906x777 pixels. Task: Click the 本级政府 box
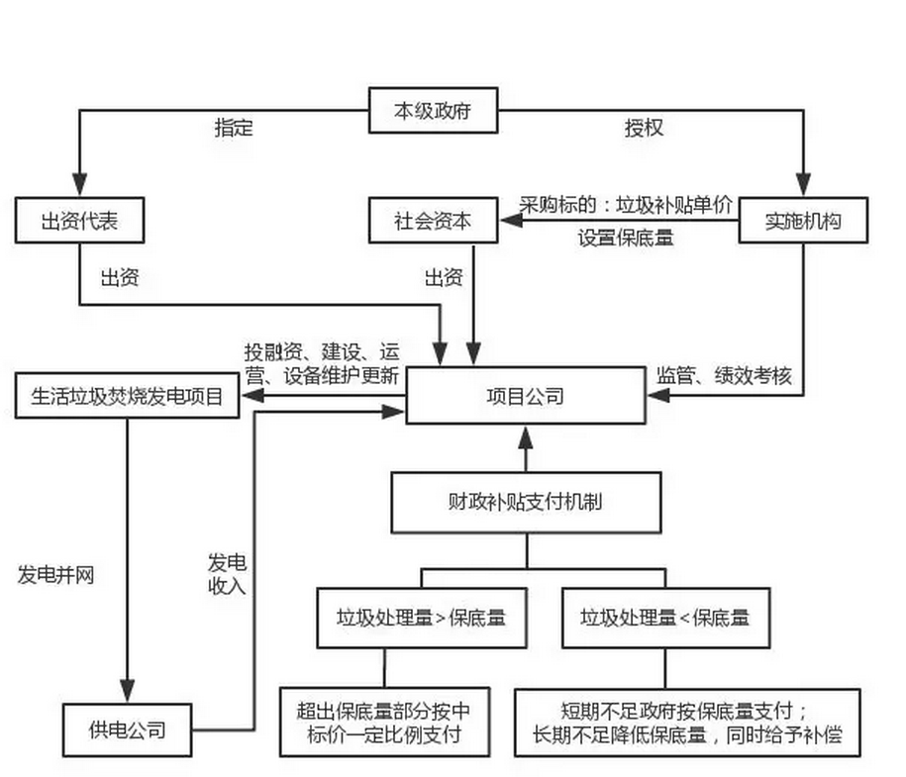click(x=433, y=111)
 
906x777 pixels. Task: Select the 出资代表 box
click(x=79, y=222)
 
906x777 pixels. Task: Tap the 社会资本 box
click(x=433, y=221)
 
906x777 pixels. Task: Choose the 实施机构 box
click(x=803, y=221)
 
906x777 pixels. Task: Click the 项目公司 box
click(x=525, y=396)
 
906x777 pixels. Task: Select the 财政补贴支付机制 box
click(x=525, y=501)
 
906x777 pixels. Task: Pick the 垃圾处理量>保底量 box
click(x=421, y=618)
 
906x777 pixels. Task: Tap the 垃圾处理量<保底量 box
click(x=664, y=618)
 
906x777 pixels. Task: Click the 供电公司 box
click(x=127, y=731)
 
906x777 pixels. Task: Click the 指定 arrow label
click(x=235, y=128)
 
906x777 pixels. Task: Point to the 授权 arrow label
click(x=644, y=128)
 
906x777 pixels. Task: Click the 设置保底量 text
click(x=626, y=238)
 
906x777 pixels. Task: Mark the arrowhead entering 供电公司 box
click(x=127, y=694)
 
